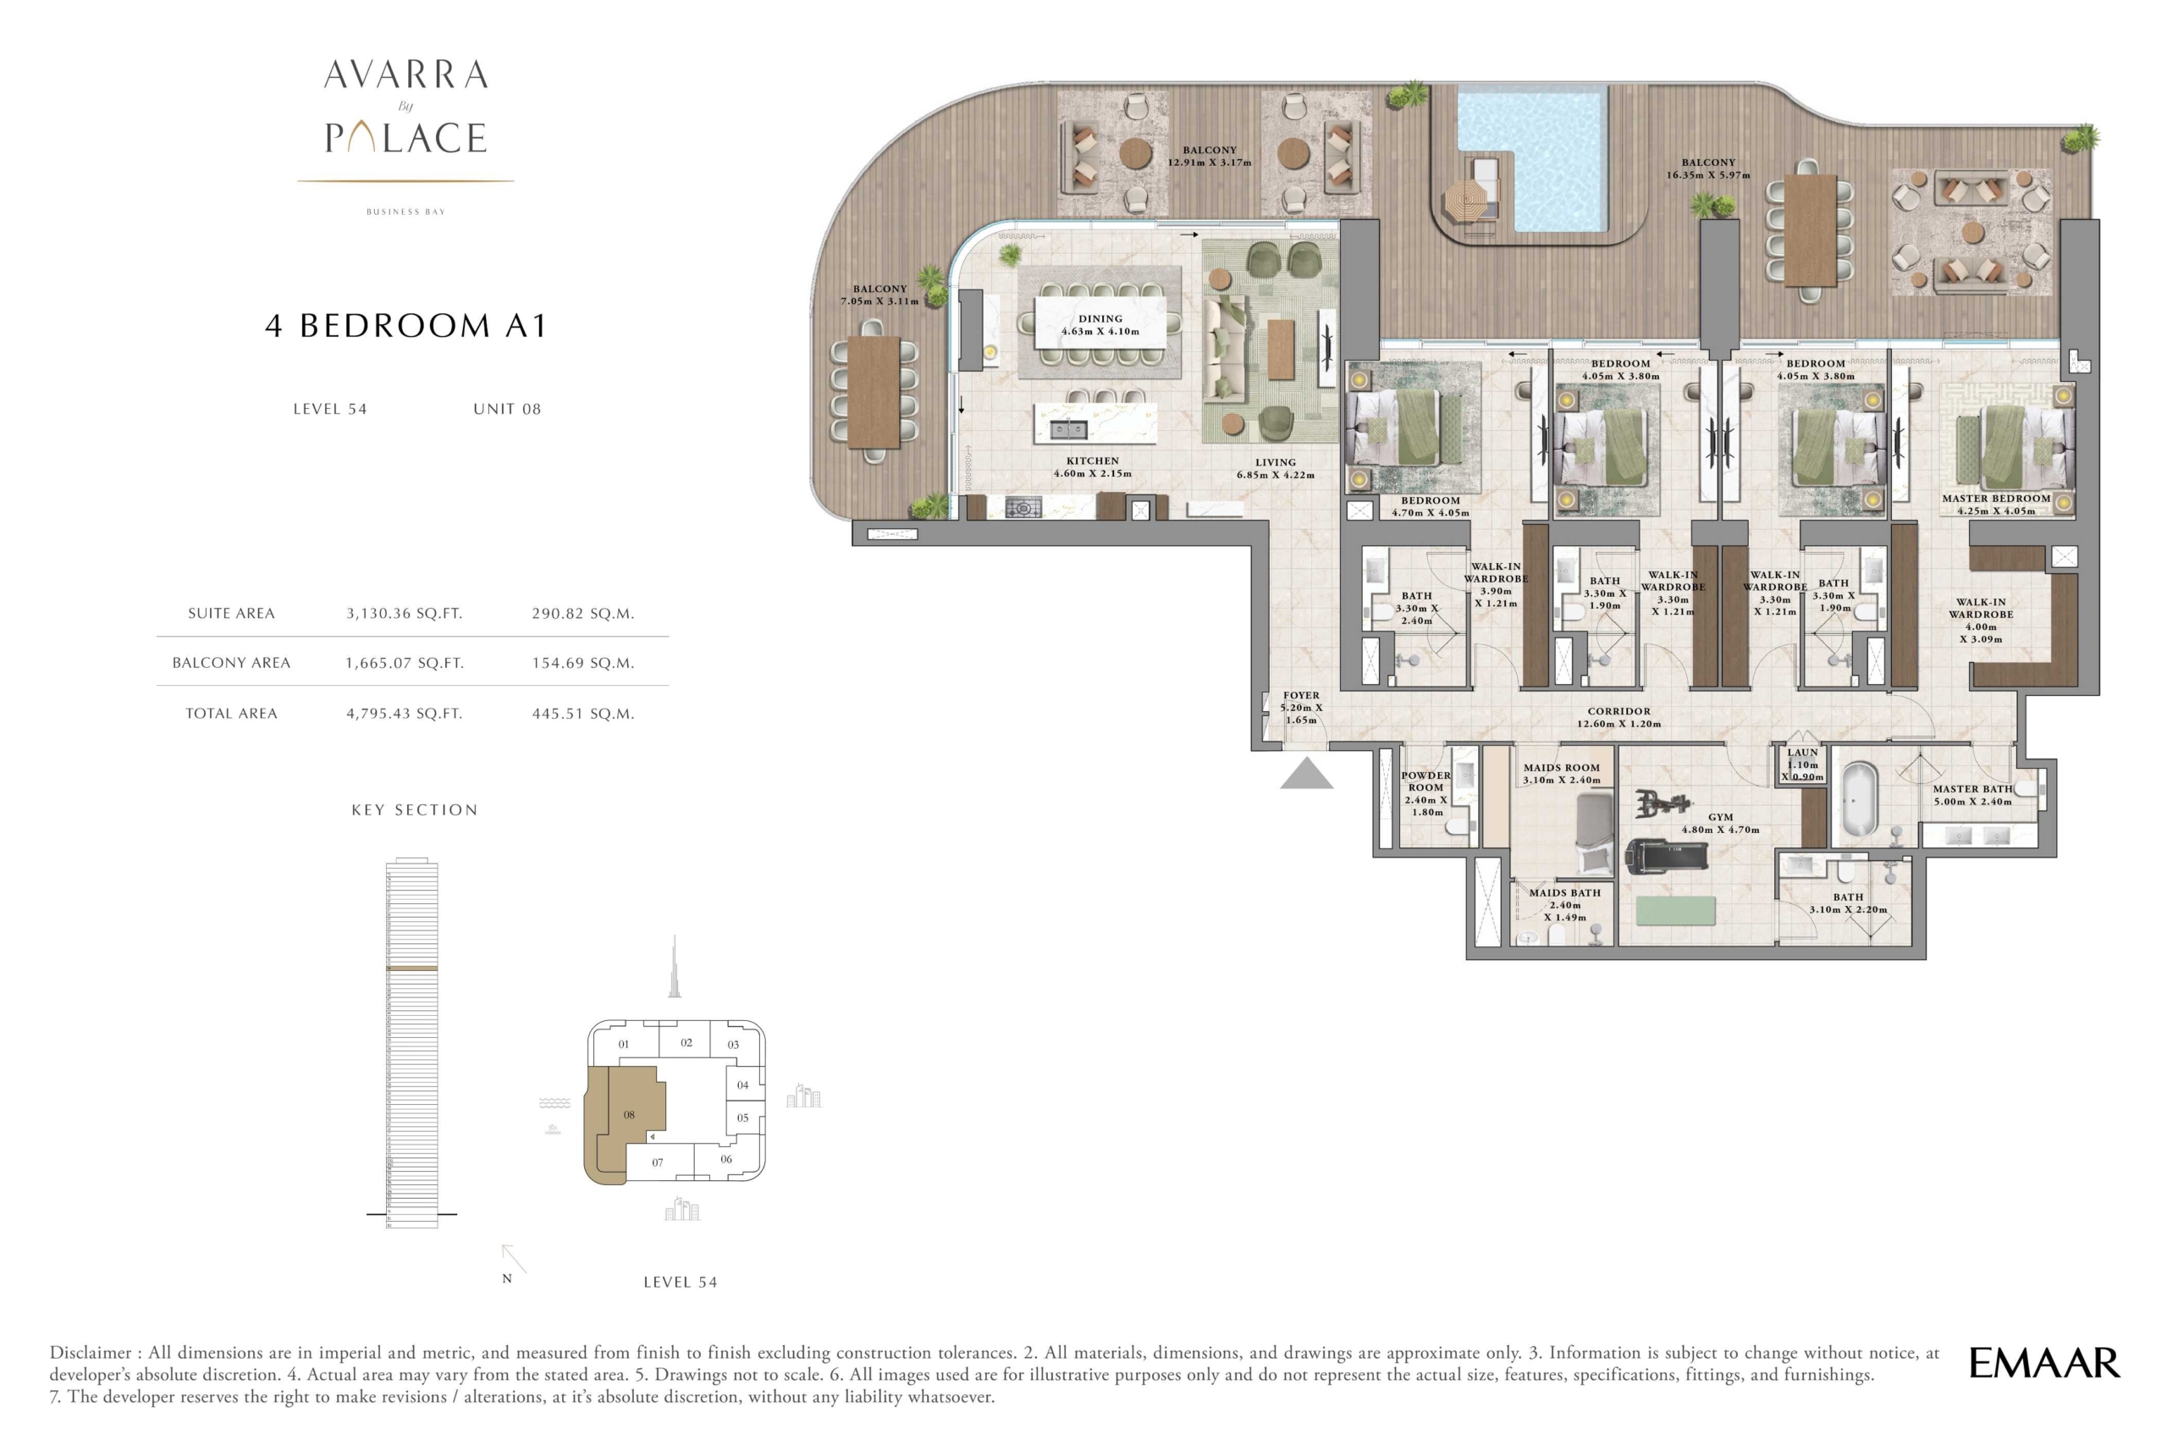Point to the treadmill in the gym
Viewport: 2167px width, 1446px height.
pos(1665,855)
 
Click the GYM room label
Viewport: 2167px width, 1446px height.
pos(1720,817)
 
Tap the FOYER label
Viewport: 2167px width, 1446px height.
pos(1300,695)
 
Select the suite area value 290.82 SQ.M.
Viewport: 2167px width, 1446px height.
pos(582,613)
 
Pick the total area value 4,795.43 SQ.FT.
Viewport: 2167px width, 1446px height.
pos(404,713)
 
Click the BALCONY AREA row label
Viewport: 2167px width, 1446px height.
pos(231,663)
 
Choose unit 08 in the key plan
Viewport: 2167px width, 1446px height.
pos(629,1115)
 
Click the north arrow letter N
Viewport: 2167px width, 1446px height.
pos(506,1278)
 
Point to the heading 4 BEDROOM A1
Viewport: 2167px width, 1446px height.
pos(405,326)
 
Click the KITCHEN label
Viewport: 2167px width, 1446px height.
pos(1093,461)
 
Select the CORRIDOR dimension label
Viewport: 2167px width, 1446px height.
pos(1618,717)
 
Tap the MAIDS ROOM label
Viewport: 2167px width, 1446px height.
pos(1561,767)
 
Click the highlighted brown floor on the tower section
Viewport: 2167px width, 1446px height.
pos(411,969)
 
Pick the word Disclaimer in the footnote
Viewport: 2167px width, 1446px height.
pos(91,1353)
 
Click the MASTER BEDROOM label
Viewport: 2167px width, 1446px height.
pos(1995,498)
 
